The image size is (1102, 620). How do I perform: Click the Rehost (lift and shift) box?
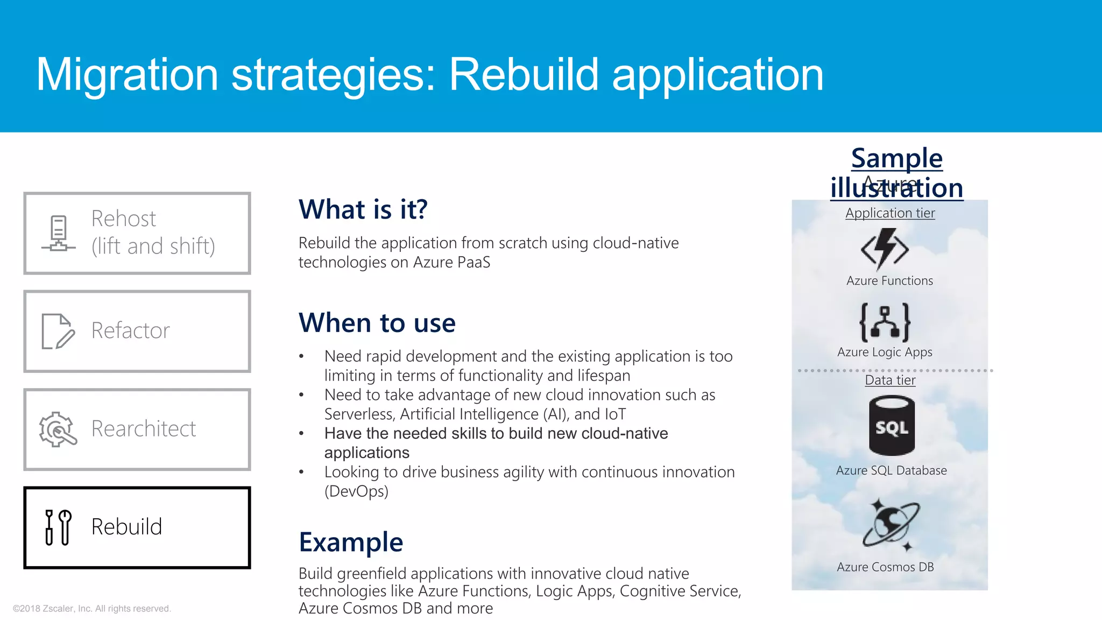coord(137,233)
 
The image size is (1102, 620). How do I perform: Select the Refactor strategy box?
coord(137,331)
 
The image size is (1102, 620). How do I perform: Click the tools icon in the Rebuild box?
coord(58,527)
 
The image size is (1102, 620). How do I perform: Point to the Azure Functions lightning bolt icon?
coord(885,249)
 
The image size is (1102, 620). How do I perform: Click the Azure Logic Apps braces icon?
coord(885,322)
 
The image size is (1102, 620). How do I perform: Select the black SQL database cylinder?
coord(892,426)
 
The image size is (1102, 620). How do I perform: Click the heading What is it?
coord(363,209)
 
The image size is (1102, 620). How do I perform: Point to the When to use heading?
coord(377,323)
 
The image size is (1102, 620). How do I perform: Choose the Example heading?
coord(351,542)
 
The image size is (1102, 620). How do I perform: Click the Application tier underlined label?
coord(890,213)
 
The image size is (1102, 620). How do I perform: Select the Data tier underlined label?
coord(890,381)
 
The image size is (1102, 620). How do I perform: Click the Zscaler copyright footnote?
coord(92,609)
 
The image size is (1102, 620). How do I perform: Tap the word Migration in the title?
coord(127,75)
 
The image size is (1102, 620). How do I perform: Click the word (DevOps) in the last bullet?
coord(356,491)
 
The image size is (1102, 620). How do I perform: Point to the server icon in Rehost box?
coord(59,234)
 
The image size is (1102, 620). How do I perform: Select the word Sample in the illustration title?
coord(896,158)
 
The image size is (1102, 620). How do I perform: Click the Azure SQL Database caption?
coord(891,470)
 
